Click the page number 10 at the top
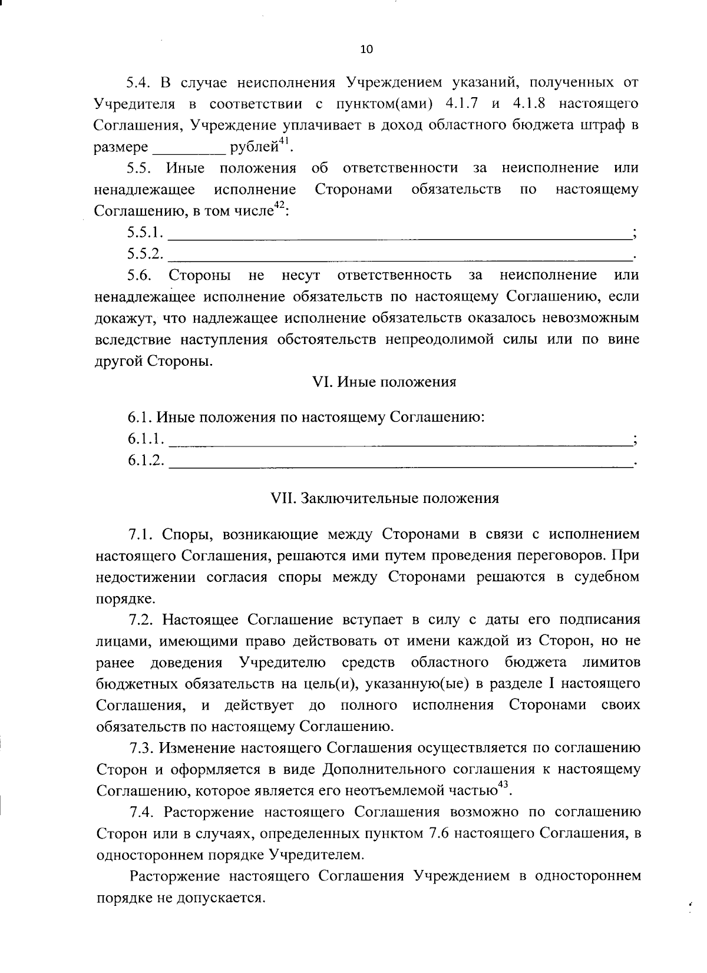[x=366, y=49]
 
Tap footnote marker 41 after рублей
[x=285, y=140]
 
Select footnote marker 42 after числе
[x=279, y=204]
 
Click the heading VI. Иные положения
[x=384, y=382]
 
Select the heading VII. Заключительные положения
[x=384, y=498]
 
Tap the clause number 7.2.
[x=142, y=620]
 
